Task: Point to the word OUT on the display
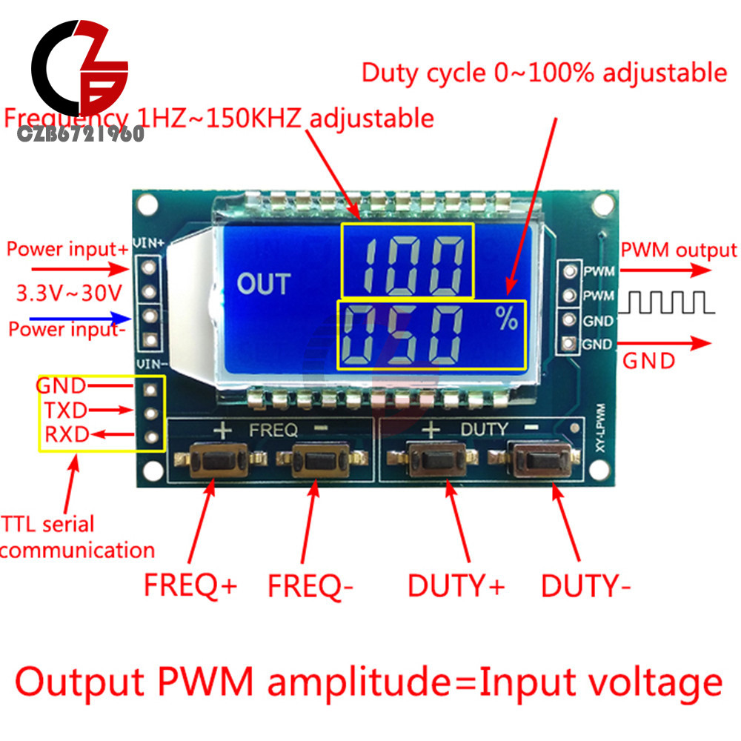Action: point(263,284)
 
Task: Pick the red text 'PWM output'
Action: point(679,250)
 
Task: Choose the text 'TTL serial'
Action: point(48,525)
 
